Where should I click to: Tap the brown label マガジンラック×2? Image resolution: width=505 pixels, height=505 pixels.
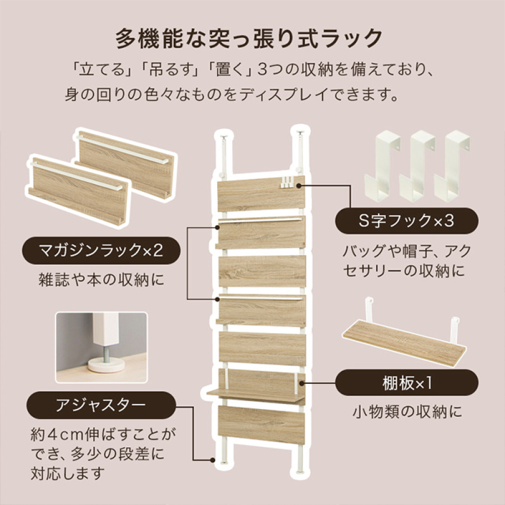[94, 250]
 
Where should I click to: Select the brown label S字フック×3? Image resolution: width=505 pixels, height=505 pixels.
[406, 221]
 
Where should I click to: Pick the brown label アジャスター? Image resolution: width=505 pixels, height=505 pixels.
[94, 405]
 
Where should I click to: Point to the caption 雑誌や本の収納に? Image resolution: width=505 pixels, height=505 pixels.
[94, 279]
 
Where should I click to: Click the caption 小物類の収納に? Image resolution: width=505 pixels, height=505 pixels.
[406, 412]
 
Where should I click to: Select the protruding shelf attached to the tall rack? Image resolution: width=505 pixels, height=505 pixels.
[255, 394]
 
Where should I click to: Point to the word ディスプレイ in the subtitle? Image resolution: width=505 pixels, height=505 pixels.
[272, 93]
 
